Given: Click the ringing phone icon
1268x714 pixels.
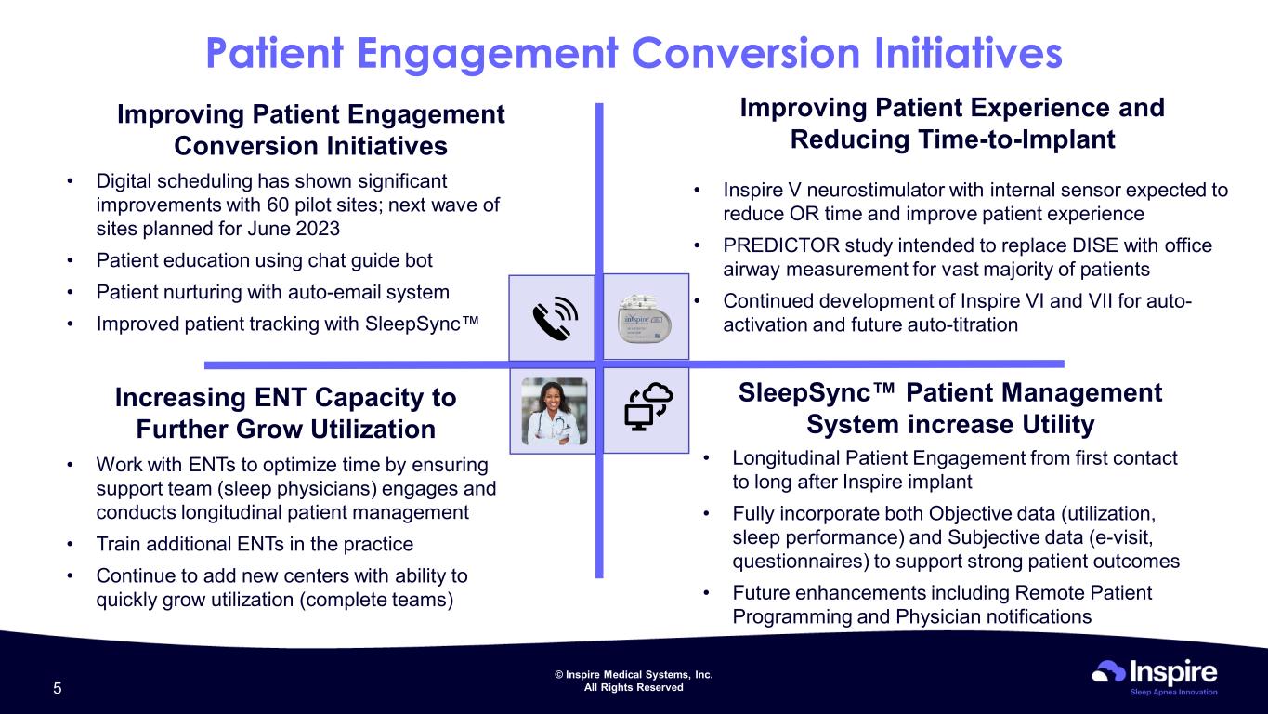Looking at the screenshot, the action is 555,318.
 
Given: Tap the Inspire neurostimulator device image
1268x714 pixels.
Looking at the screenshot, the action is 644,318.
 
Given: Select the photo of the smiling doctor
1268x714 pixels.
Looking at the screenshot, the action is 555,412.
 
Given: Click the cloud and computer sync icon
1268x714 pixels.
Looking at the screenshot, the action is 648,406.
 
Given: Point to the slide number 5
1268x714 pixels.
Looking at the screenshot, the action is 58,689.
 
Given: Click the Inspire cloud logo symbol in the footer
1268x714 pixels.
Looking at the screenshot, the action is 1108,671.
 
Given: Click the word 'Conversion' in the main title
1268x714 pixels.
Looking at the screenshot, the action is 745,53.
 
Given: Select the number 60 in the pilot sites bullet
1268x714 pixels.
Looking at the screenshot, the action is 278,205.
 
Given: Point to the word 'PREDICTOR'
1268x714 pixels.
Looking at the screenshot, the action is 780,245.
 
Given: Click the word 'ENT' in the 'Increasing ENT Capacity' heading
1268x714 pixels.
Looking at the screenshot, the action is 281,397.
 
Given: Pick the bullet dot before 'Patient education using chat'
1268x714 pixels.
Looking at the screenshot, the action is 70,260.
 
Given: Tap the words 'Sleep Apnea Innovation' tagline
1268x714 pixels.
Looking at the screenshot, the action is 1173,692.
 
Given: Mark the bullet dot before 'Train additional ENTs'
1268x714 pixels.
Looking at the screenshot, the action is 70,544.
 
